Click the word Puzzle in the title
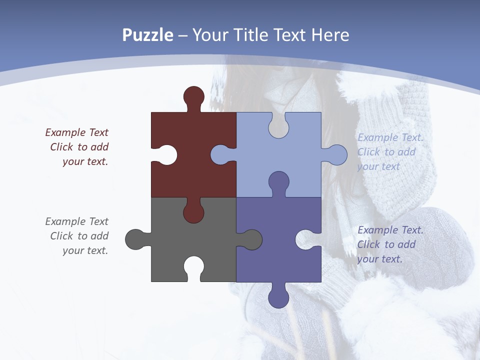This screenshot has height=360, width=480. click(147, 35)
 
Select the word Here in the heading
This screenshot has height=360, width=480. click(330, 35)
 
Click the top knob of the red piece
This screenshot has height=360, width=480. click(194, 96)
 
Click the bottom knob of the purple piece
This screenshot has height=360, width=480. click(278, 297)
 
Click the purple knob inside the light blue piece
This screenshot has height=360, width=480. click(278, 182)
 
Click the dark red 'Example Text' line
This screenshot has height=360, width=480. click(76, 132)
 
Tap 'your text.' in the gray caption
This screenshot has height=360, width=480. click(85, 250)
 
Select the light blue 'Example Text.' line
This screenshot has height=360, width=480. click(390, 137)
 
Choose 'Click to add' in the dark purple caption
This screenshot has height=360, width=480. click(386, 244)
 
